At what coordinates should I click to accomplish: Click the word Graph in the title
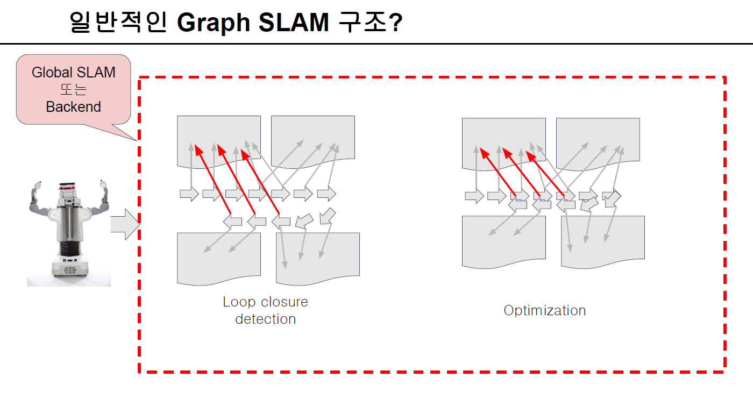[212, 23]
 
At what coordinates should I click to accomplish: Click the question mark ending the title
[396, 23]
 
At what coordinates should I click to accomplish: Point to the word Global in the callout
[52, 73]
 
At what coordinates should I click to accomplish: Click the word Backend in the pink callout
[74, 107]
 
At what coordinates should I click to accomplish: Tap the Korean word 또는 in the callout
[74, 90]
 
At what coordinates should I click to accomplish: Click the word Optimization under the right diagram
[544, 310]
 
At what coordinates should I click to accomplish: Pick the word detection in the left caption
[266, 319]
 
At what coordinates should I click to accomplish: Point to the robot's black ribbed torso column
[68, 247]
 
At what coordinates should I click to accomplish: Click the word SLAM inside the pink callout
[95, 73]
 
